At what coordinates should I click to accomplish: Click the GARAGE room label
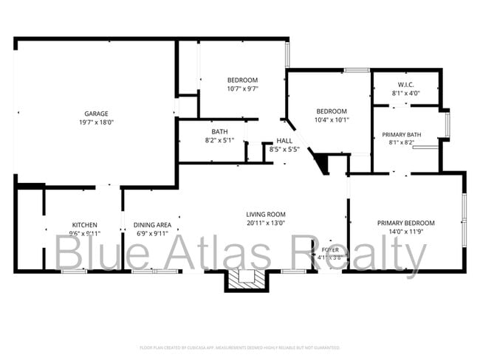[x=96, y=114]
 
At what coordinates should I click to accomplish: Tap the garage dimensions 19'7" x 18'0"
[x=96, y=122]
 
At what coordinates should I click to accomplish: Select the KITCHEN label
[x=84, y=225]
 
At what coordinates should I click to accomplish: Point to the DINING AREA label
[x=152, y=225]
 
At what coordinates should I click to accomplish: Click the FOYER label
[x=330, y=250]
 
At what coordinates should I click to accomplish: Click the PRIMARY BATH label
[x=402, y=134]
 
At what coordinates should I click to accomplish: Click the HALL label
[x=284, y=140]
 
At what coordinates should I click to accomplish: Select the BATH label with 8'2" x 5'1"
[x=219, y=131]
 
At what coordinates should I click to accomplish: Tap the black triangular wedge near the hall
[x=321, y=162]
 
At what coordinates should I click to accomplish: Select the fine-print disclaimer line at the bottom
[x=239, y=347]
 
